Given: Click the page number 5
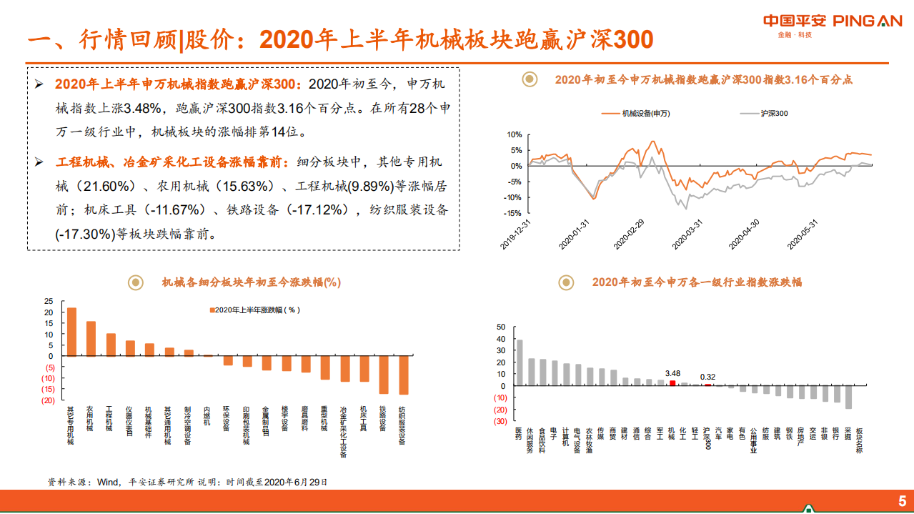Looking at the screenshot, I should (901, 500).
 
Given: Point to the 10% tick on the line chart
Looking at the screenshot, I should (515, 134).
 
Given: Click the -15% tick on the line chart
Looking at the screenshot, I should (513, 213).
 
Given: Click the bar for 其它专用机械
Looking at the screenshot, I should (71, 332).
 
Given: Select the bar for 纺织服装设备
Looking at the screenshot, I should (404, 375).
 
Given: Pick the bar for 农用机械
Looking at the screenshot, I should (91, 338).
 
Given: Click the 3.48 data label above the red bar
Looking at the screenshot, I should (672, 373).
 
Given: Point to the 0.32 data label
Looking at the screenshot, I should (707, 377).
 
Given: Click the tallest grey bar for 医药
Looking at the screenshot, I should (520, 362).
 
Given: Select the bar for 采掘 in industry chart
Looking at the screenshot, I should (848, 397).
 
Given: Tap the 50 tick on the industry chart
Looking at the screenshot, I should (501, 327).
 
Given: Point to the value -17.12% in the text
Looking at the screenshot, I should (316, 209).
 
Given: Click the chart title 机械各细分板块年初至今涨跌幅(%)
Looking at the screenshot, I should (251, 282).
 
